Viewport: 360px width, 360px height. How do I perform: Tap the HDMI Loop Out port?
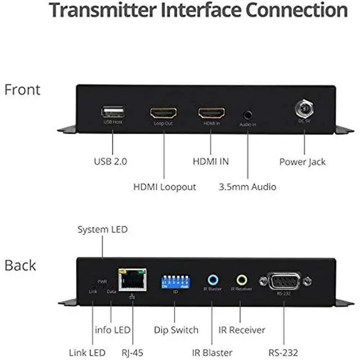click(163, 113)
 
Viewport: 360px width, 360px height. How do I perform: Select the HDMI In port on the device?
click(211, 113)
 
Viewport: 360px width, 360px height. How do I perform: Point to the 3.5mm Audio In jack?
click(247, 114)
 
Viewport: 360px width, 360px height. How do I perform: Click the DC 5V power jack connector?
click(304, 107)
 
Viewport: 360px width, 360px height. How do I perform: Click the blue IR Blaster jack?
click(213, 280)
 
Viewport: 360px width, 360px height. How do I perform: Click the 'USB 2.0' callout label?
click(110, 161)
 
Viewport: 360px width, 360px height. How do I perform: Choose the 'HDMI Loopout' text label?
click(164, 186)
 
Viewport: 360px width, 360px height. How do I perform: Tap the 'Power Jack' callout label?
click(303, 161)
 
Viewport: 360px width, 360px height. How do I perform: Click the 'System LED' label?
click(102, 229)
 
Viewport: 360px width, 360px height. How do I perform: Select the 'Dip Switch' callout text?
click(176, 330)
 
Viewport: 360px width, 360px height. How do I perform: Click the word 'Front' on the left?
click(22, 89)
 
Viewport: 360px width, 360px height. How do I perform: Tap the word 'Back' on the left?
click(20, 265)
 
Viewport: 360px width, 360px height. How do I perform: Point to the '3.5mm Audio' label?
click(247, 186)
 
